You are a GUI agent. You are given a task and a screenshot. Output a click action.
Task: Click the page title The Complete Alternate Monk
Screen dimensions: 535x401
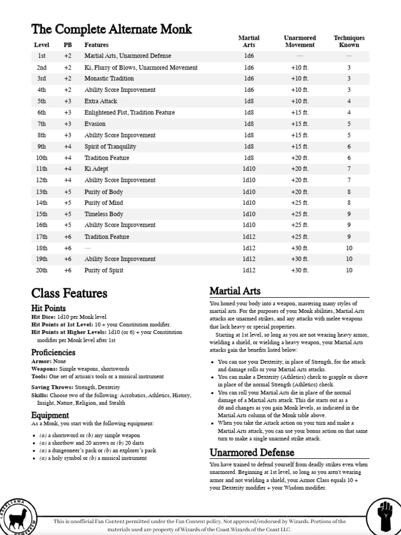111,29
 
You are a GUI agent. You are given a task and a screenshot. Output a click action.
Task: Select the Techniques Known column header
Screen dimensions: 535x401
349,41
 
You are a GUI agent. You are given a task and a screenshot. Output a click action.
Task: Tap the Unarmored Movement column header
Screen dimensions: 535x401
300,41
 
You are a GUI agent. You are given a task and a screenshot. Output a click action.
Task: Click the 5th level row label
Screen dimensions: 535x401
42,101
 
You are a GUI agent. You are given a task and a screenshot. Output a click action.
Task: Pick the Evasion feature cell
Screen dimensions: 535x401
95,124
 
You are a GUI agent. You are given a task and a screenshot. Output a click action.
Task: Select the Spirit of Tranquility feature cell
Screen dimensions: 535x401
110,147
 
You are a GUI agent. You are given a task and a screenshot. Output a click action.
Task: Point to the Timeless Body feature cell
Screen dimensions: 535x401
104,214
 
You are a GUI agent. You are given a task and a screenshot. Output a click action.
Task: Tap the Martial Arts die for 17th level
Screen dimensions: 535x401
249,237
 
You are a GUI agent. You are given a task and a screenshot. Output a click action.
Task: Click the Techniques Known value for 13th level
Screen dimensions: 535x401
349,192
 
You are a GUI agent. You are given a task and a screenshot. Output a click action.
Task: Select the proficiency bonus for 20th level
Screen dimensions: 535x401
68,271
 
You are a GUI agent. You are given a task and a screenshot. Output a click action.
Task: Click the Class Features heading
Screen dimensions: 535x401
69,293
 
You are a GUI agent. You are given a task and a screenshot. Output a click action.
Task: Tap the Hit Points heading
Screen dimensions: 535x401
49,308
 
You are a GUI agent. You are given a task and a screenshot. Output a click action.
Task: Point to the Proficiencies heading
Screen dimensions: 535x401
53,352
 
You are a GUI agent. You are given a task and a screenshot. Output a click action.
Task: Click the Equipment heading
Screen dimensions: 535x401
50,415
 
